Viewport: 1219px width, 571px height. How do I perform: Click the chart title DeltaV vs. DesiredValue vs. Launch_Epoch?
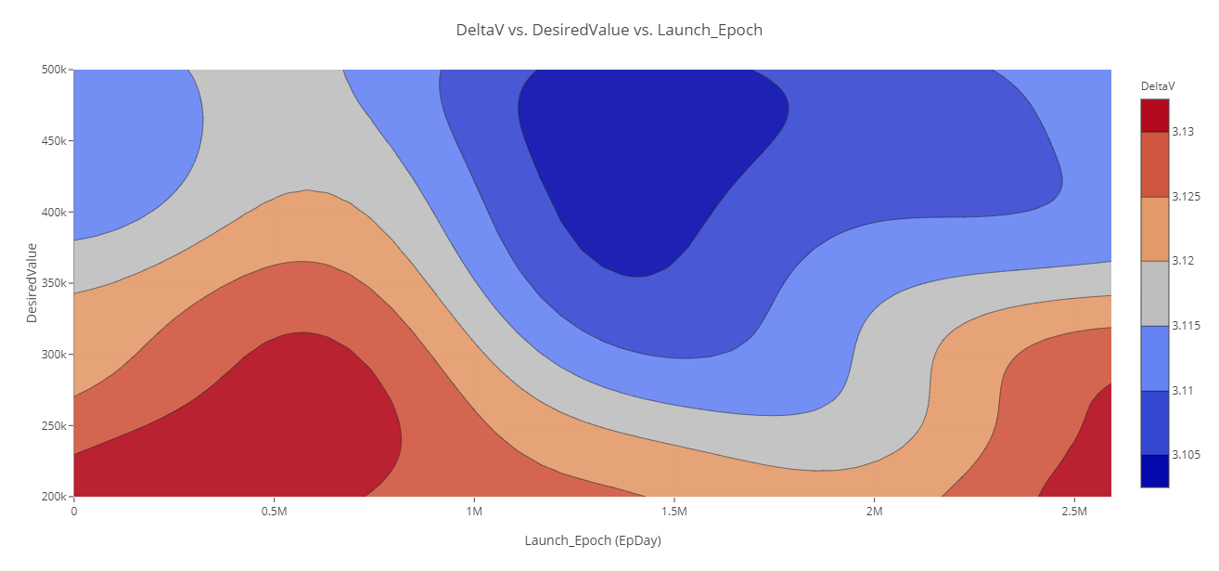[609, 30]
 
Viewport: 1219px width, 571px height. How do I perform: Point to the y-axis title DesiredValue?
[32, 282]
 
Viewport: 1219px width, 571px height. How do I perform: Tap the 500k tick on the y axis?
[54, 70]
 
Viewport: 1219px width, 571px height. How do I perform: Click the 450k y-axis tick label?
[54, 141]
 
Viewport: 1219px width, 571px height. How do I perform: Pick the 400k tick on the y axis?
[54, 213]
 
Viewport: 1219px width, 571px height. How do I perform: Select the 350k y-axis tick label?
[54, 283]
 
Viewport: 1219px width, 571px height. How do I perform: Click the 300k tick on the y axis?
[54, 355]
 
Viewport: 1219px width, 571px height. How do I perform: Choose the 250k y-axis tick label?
[54, 426]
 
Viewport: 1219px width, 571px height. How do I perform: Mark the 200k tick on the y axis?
[54, 498]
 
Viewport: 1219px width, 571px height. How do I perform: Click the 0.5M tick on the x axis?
[274, 512]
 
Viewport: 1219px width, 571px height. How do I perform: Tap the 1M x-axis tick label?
[474, 512]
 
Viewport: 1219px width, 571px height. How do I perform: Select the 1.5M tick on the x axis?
[674, 512]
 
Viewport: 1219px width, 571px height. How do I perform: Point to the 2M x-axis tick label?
[874, 512]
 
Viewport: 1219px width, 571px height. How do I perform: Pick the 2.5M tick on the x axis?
[1074, 512]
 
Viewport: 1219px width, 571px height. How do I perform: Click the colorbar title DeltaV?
[1158, 86]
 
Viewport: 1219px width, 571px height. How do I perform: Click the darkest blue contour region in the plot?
[649, 167]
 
